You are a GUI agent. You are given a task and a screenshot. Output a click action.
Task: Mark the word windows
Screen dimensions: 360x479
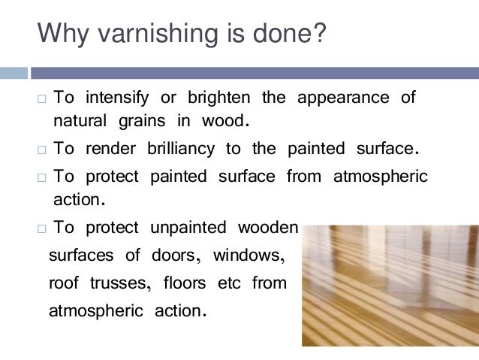(x=249, y=256)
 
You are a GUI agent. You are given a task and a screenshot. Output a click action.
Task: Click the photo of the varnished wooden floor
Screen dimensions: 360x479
(x=390, y=285)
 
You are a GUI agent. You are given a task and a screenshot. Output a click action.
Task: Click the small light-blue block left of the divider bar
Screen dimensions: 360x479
(x=13, y=73)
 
